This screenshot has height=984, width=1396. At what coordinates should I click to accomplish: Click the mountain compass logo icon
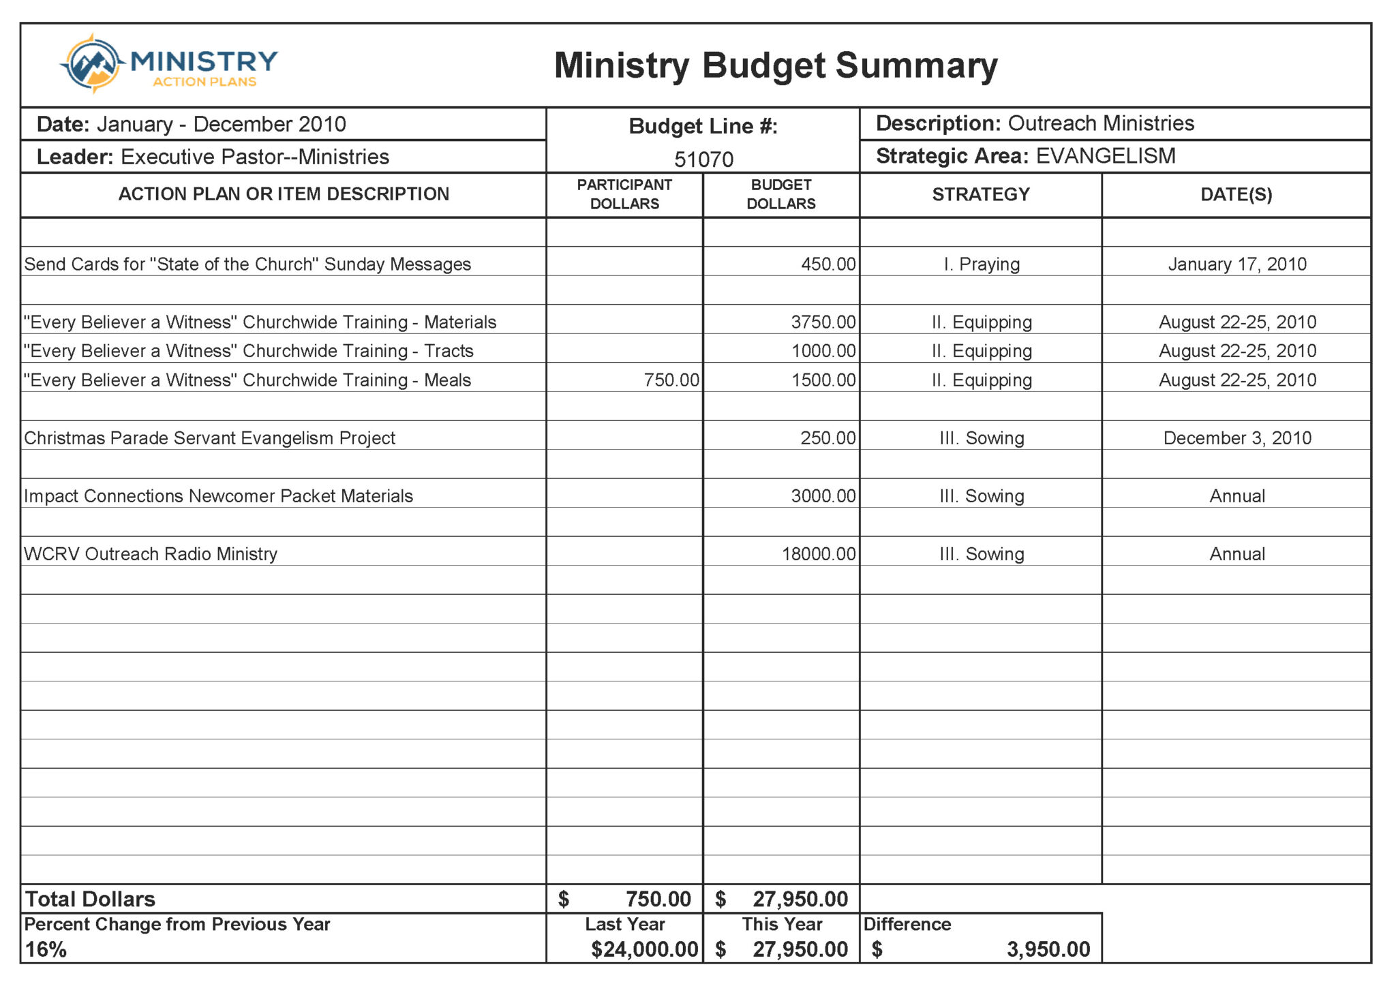coord(92,63)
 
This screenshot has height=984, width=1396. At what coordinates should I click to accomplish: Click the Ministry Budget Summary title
coord(775,66)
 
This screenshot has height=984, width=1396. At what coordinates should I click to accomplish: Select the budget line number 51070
coord(703,159)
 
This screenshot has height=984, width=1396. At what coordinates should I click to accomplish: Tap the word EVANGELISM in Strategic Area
coord(1106,156)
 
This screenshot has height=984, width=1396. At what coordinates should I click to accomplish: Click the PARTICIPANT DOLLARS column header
coord(624,194)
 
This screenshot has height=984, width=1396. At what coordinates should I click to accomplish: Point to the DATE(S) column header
coord(1236,195)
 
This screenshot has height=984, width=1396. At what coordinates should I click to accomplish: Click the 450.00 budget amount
coord(828,264)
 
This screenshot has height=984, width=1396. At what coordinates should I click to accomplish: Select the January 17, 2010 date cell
coord(1236,264)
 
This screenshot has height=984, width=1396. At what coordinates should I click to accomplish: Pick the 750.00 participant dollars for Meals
coord(671,380)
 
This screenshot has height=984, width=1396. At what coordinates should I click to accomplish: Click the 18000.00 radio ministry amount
coord(818,554)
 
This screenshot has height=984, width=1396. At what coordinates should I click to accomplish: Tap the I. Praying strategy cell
coord(981,264)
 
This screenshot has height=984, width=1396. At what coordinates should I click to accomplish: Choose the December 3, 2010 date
coord(1236,438)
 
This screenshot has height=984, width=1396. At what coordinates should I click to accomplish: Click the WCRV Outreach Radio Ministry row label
coord(151,554)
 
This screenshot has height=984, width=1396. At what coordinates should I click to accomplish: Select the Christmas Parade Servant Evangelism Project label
coord(209,438)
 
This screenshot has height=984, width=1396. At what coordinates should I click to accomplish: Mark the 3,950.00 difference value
coord(1048,949)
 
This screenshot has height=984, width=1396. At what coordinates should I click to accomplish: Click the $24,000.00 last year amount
coord(644,949)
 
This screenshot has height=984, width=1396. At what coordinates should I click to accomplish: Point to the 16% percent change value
coord(46,949)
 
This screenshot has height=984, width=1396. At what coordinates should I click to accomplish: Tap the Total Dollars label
coord(90,900)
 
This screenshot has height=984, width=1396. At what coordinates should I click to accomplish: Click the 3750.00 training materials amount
coord(823,322)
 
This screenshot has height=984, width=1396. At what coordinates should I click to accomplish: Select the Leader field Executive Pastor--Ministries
coord(254,157)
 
